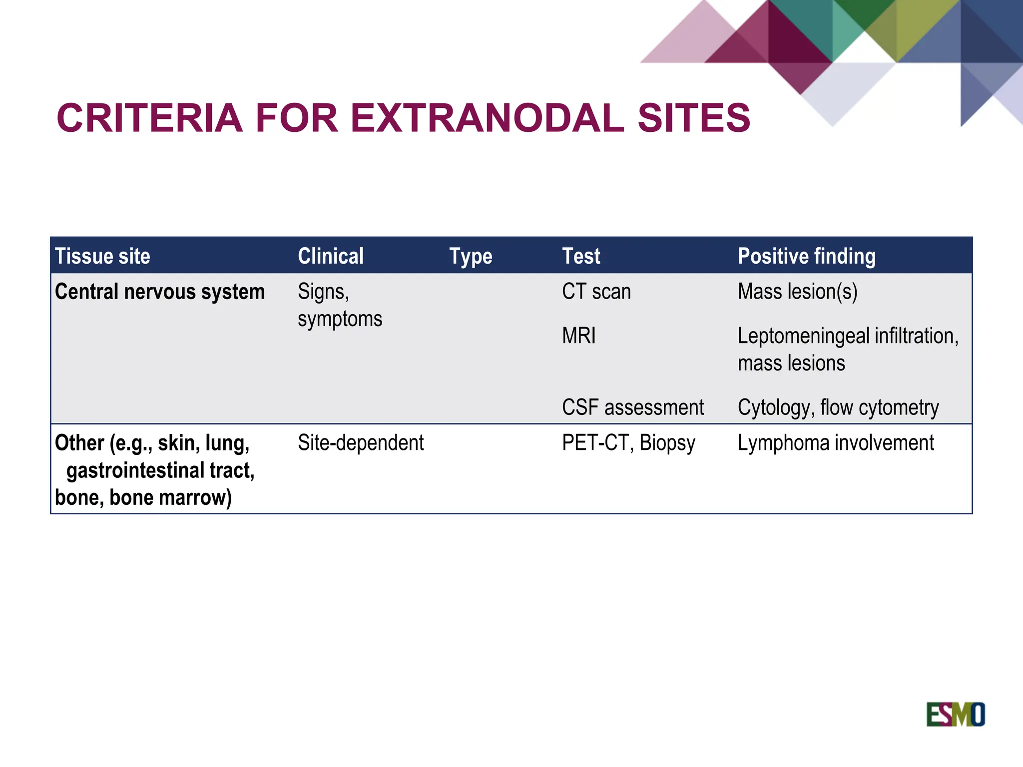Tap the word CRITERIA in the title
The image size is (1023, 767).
tap(149, 118)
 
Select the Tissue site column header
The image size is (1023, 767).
tap(102, 256)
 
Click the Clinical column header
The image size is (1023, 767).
tap(331, 256)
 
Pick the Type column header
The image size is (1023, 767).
tap(471, 257)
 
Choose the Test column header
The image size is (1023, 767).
tap(581, 256)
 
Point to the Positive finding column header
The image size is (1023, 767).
tap(807, 256)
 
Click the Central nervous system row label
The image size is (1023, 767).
tap(160, 292)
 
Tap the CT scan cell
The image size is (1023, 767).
tap(596, 292)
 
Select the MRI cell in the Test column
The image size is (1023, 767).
tap(578, 336)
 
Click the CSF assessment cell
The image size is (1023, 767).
tap(632, 407)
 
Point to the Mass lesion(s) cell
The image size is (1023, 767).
tap(797, 292)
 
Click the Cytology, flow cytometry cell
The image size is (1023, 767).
tap(838, 407)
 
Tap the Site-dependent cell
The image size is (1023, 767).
tap(361, 443)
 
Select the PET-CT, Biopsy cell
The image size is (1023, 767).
tap(628, 443)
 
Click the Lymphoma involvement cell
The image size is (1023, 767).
tap(836, 443)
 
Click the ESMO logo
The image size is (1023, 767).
tap(955, 714)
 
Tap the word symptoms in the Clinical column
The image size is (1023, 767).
tap(340, 319)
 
